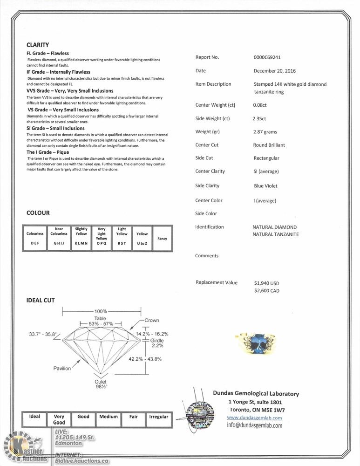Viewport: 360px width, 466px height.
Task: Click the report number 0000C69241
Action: (267, 57)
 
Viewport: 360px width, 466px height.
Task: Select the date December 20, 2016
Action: (274, 71)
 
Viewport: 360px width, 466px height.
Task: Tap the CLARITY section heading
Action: (38, 45)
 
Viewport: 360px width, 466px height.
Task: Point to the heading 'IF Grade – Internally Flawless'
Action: (58, 72)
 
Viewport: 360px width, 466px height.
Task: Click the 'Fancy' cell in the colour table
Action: (162, 239)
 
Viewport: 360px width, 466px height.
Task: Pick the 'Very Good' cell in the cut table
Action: (59, 419)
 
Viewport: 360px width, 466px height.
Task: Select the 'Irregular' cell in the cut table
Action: (158, 417)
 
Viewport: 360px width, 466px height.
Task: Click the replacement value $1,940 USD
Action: (266, 283)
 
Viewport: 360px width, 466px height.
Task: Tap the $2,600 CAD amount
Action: (266, 291)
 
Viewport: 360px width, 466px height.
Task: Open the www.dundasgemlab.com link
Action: (254, 418)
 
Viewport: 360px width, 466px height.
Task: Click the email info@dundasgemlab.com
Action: (254, 425)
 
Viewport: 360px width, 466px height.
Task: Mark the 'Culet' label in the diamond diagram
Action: (101, 382)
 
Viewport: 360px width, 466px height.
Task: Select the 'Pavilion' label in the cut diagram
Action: (62, 368)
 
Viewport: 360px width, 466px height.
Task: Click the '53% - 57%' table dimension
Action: (100, 323)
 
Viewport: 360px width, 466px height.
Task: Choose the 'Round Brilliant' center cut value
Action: (269, 145)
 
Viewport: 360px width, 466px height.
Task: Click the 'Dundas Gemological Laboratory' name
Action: (256, 394)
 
